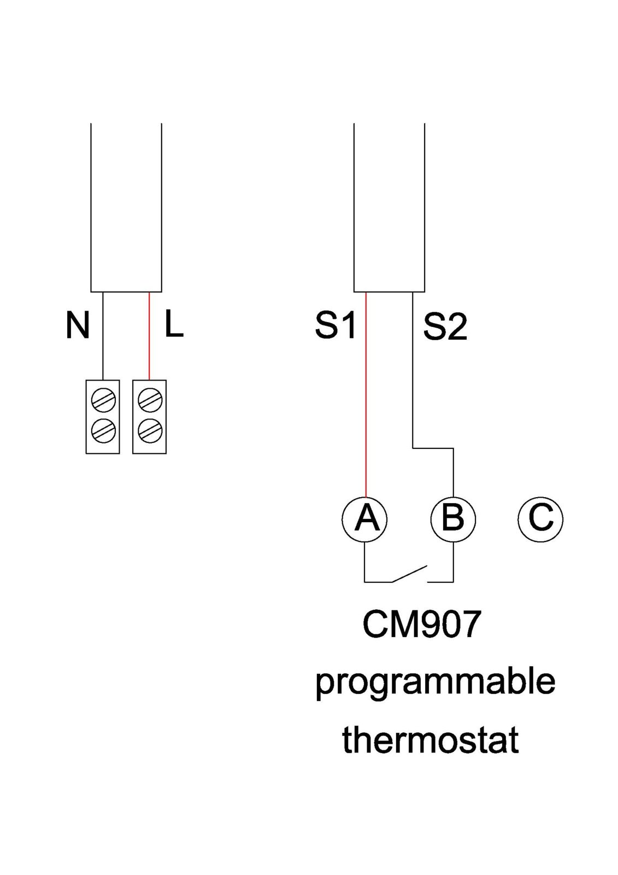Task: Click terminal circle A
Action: point(364,518)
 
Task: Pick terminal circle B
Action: point(453,518)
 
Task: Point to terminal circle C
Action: point(540,518)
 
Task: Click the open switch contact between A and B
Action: point(409,574)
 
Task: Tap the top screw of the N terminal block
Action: point(103,400)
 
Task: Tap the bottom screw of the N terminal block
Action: point(103,431)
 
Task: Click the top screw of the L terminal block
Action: point(150,400)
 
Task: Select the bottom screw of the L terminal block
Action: point(150,431)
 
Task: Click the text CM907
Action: point(422,624)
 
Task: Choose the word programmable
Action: point(435,682)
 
